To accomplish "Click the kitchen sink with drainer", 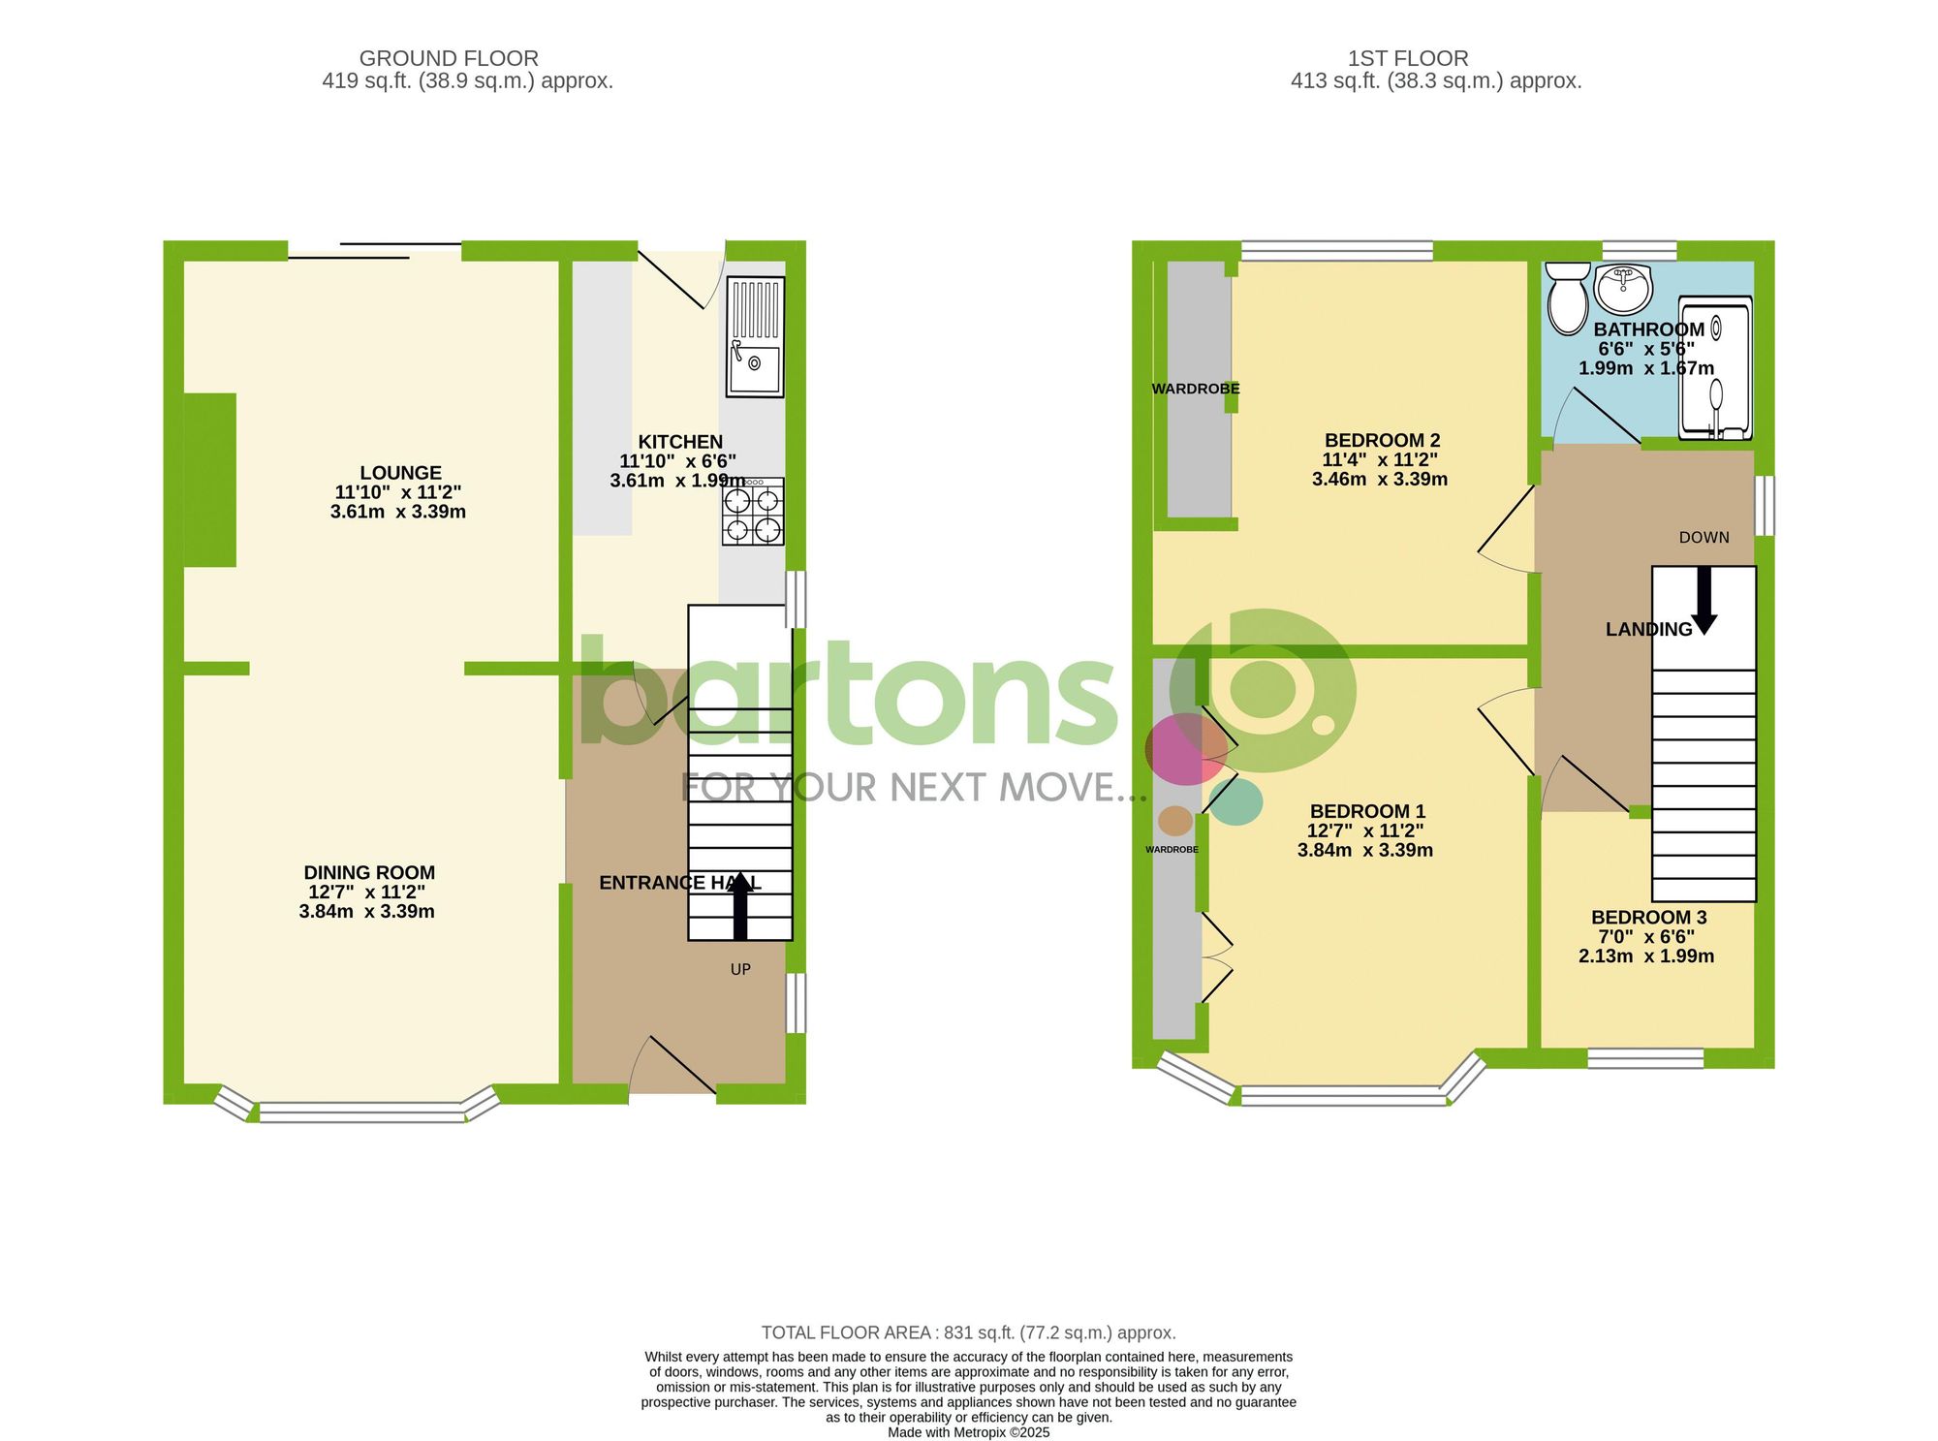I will (755, 336).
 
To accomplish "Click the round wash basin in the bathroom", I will (1622, 286).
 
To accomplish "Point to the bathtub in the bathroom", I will (1715, 368).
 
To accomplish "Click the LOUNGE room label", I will (400, 473).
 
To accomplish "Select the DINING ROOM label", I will (369, 872).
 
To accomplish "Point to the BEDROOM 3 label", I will (1648, 917).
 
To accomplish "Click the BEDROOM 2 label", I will (1382, 440).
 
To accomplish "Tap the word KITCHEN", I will (680, 442).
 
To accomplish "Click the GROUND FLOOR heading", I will (449, 58).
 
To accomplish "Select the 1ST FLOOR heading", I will (1408, 58).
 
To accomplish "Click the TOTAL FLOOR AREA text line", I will (968, 1332).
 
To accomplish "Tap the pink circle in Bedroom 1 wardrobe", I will (1184, 749).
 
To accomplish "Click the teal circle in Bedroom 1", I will (1236, 802).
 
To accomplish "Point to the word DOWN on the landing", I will (1704, 537).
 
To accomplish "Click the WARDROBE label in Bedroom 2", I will (1195, 389).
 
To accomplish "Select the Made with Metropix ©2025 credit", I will (968, 1432).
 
